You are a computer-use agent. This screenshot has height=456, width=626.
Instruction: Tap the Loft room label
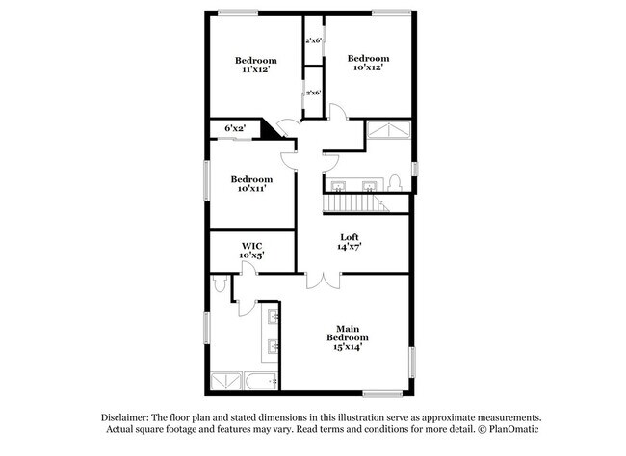point(349,242)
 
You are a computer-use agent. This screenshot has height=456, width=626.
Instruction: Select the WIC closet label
point(252,251)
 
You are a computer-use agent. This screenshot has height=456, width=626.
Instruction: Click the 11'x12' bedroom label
point(256,65)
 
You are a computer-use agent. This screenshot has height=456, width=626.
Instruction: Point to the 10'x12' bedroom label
point(368,63)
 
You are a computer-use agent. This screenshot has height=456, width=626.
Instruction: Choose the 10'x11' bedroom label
point(250,184)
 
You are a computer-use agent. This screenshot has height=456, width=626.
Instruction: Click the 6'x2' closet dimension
point(234,127)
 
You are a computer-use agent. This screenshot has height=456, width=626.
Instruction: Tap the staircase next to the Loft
point(353,203)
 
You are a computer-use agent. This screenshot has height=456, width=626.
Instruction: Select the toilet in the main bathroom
point(221,282)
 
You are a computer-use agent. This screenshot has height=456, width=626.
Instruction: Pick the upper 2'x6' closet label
point(313,40)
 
